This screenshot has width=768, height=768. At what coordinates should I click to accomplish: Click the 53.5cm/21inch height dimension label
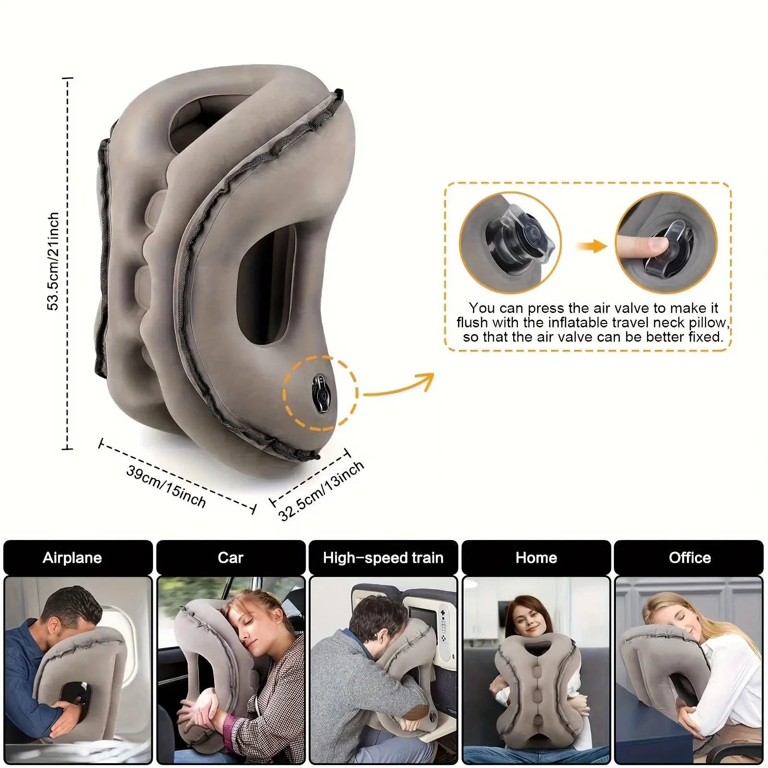53,262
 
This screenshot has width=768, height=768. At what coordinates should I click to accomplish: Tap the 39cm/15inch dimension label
166,487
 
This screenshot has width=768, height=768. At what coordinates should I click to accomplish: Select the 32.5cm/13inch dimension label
321,491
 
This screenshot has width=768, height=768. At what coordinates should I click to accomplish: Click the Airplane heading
72,558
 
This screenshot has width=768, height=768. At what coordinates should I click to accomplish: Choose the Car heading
230,558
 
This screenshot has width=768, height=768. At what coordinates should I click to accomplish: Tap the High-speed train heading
383,558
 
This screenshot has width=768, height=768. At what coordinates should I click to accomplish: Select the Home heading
536,558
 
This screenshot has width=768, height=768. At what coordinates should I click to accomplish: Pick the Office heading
690,558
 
